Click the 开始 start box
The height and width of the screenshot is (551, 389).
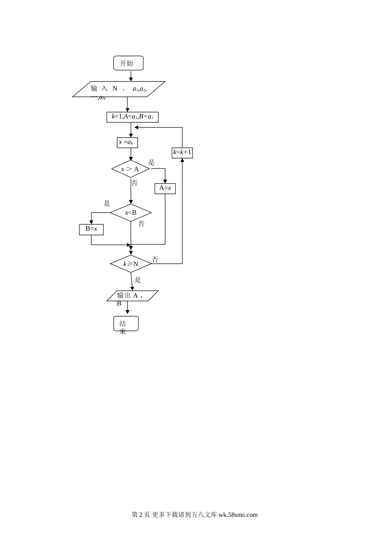128,63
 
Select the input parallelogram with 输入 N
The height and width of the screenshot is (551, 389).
119,89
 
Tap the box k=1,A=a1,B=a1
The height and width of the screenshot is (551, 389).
132,117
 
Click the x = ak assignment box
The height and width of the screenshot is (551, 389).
127,143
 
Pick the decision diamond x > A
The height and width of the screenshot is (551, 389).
131,169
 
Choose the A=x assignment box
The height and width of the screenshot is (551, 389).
165,189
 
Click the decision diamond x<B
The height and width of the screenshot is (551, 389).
131,212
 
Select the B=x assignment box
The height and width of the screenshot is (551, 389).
91,230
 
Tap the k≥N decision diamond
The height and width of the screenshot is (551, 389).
131,264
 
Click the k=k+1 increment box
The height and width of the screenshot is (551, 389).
182,153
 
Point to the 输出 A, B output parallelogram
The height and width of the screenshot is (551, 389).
132,296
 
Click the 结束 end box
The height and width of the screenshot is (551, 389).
126,323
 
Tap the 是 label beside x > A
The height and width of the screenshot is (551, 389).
152,162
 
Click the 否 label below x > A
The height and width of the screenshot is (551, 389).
134,183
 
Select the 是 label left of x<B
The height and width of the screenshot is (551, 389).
106,203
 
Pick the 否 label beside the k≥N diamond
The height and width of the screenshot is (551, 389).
155,260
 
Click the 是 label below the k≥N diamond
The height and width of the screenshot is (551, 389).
138,280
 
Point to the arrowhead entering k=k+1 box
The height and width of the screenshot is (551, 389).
182,160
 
